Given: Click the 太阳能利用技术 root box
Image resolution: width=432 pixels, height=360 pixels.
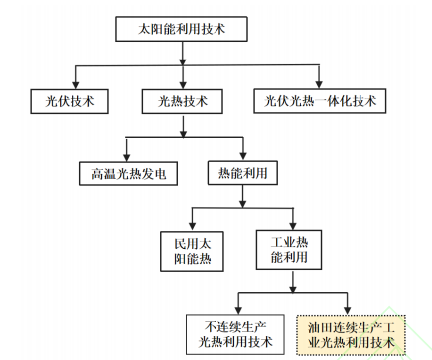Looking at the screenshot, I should [180, 30].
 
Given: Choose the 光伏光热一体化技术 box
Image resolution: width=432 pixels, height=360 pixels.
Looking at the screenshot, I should [320, 100].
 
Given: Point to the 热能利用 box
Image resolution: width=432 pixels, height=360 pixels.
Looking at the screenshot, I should [241, 173].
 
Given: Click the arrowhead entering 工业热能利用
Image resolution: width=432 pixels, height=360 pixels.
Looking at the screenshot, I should [290, 225].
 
